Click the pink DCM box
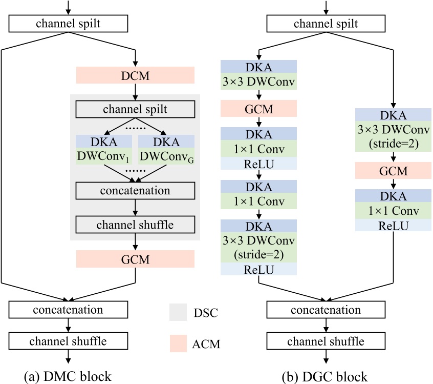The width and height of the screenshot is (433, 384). (x=135, y=75)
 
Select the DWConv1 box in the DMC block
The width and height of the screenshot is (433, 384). (x=104, y=156)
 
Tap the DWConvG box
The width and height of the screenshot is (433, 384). (x=166, y=156)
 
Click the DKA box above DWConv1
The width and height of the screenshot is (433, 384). (x=104, y=142)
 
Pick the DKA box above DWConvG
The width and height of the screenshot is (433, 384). (x=166, y=142)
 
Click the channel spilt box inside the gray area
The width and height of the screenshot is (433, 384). (x=135, y=109)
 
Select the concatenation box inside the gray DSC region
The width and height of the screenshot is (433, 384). (x=135, y=191)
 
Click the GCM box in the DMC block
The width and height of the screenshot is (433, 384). (x=135, y=259)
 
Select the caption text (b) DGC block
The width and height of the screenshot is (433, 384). (x=327, y=376)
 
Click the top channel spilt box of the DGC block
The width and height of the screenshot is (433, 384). (x=326, y=24)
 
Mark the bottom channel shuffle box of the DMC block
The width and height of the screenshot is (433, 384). (x=68, y=341)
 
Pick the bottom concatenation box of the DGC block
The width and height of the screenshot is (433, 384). (x=326, y=310)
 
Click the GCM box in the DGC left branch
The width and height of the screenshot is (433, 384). (x=258, y=109)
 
